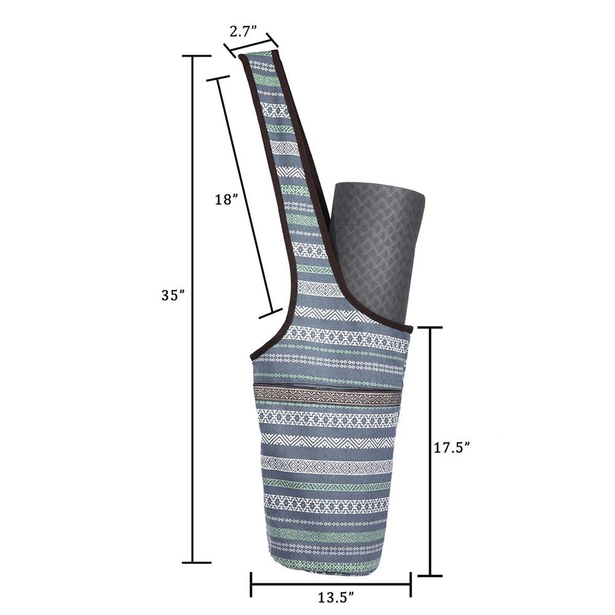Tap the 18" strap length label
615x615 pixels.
225,200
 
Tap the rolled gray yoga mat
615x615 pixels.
377,252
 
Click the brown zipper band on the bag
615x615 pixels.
327,395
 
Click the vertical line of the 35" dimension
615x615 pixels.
193,307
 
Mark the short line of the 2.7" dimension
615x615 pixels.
251,47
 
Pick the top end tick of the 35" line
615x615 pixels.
193,56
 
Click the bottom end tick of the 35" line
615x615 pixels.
193,562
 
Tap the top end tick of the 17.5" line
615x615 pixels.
427,328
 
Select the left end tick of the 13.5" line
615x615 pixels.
251,584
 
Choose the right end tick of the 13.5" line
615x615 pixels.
410,584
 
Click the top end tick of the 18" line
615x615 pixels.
218,78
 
